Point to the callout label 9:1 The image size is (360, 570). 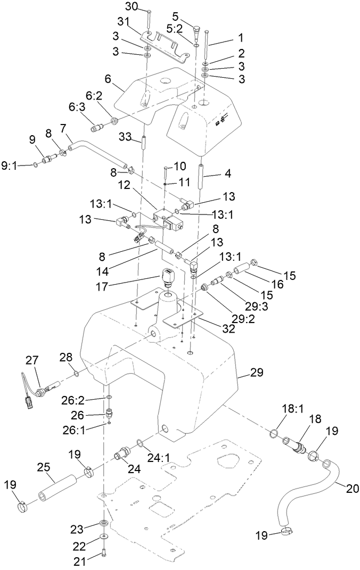click(10, 166)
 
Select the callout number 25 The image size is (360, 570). click(44, 467)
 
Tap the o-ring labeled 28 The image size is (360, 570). click(77, 373)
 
